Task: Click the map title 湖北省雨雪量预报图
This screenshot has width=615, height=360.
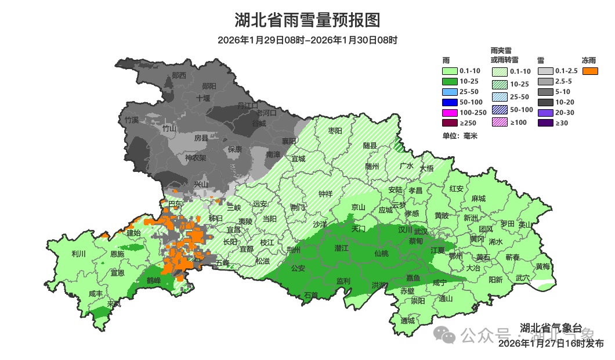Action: (307, 20)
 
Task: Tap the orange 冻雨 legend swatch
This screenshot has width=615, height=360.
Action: (591, 71)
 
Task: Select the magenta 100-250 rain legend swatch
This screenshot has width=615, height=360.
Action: (450, 112)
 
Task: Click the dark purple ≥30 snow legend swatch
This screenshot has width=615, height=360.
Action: (545, 123)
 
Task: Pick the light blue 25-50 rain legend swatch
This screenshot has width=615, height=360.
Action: (450, 92)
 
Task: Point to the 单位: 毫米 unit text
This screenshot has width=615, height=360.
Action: (459, 136)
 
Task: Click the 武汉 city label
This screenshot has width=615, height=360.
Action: (420, 231)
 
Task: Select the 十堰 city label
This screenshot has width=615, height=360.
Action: (203, 98)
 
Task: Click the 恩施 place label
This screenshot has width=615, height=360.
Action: (117, 254)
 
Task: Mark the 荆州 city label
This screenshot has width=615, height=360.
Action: (294, 250)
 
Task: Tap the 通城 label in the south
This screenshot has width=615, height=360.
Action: (407, 321)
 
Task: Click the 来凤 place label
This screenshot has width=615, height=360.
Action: (114, 304)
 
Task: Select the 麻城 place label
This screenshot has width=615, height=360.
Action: (478, 199)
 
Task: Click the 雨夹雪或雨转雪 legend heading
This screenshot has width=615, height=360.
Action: (505, 55)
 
